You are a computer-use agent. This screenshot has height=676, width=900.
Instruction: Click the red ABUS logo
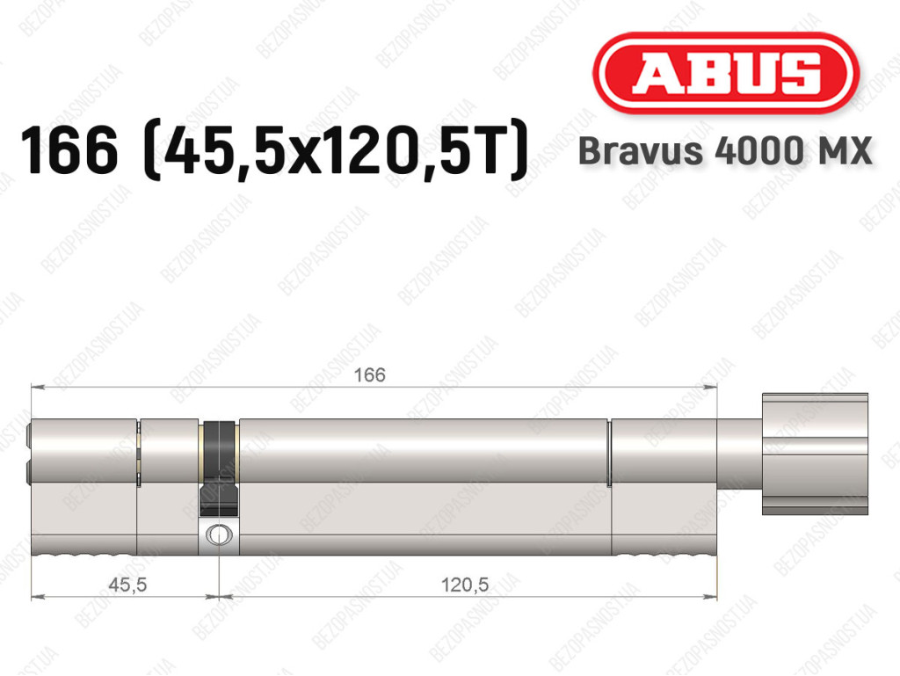[725, 73]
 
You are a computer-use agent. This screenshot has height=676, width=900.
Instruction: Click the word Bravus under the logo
[641, 151]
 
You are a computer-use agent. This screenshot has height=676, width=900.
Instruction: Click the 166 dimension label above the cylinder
[370, 375]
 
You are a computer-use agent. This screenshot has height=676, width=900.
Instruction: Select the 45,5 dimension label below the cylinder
[127, 585]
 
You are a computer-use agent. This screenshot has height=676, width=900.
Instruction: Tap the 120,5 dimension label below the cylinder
[465, 585]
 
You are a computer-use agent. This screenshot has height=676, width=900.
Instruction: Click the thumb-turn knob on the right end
[815, 454]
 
